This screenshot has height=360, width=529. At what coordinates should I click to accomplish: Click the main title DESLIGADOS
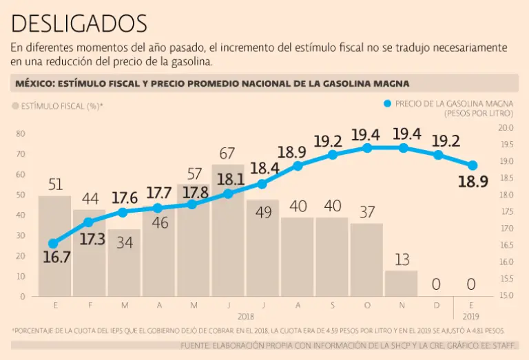coord(79,24)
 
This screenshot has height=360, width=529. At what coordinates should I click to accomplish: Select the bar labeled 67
coord(228,231)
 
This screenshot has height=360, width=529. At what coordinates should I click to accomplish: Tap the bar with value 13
coord(402,283)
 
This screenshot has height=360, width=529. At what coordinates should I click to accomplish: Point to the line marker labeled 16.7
coord(53,244)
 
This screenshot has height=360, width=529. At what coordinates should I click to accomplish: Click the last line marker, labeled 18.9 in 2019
coord(473,165)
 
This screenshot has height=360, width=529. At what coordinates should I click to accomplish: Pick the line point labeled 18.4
coord(262,184)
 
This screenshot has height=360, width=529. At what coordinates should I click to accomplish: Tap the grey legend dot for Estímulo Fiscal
coord(16,107)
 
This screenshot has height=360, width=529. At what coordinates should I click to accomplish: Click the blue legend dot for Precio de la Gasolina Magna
coord(387,104)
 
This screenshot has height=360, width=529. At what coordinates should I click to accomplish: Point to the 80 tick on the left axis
coord(21,134)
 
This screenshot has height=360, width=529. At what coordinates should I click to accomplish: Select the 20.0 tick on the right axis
coord(506,128)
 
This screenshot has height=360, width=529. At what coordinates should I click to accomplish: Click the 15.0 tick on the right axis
coord(506,296)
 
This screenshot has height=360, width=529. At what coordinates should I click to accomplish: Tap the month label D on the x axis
coord(437,304)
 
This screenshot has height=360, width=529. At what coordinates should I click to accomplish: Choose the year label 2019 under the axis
coord(471,317)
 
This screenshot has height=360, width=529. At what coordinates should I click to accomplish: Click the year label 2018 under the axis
coord(246,317)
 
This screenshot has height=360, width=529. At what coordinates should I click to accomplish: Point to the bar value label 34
coord(125,242)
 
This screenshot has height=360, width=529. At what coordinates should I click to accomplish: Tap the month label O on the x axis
coord(367,304)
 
